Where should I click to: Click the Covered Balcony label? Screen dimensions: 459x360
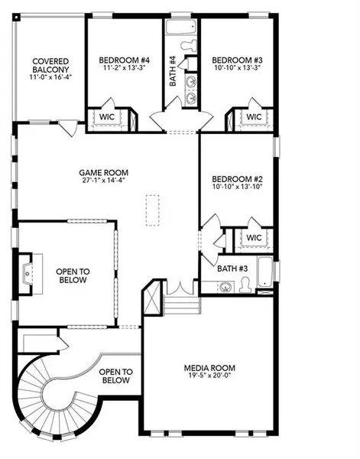[50, 64]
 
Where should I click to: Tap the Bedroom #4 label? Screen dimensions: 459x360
[125, 60]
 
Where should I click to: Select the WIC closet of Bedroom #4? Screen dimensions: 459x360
[104, 117]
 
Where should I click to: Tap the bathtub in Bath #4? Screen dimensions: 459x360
[181, 31]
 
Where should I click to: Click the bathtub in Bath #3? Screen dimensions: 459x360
[264, 274]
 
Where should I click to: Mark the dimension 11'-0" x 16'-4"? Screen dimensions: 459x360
[50, 77]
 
